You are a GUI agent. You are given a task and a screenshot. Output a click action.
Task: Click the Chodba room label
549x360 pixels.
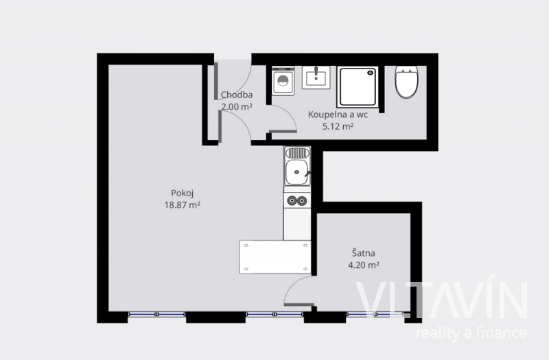coord(237,95)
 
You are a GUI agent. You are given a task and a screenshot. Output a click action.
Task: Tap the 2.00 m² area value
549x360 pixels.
coord(237,107)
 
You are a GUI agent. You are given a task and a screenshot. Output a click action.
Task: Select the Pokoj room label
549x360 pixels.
coord(182,193)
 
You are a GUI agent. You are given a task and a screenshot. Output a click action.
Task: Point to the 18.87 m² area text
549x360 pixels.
coord(182,205)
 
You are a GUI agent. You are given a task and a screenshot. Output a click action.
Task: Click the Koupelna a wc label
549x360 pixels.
coord(338,115)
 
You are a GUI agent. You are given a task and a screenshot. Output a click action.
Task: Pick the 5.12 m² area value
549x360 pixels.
coord(338,126)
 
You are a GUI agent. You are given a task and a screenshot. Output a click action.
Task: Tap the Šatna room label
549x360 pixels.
coord(364,253)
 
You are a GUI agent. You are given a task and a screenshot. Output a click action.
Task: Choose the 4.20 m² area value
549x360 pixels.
coord(364,265)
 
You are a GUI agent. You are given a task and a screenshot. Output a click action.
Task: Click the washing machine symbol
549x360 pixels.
coord(283,81)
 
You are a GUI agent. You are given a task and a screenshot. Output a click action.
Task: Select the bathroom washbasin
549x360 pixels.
coord(316,77)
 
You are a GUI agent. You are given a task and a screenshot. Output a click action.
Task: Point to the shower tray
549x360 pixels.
coord(358,87)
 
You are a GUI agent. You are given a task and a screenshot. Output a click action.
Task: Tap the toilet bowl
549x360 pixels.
coord(406,82)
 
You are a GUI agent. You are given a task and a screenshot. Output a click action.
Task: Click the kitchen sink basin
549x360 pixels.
coord(297,172)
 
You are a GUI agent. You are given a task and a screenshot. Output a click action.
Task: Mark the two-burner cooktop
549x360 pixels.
coord(297,200)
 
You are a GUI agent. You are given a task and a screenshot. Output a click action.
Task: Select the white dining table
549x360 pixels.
coord(275,256)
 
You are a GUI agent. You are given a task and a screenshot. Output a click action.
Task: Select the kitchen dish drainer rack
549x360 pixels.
coord(297,153)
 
